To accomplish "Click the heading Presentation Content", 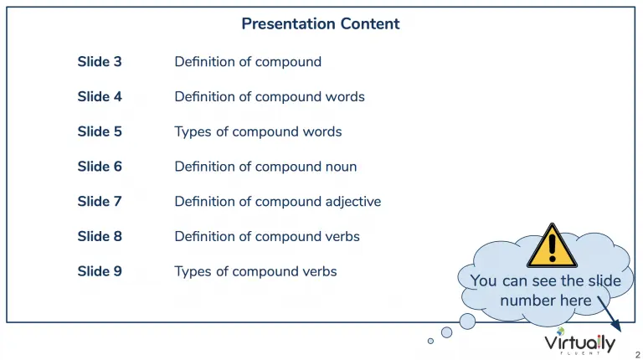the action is point(321,23).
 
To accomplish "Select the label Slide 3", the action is point(100,61).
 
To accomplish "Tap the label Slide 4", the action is point(100,96).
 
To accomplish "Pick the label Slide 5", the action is point(100,131).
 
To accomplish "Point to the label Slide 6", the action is point(100,166).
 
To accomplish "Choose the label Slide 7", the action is point(100,201).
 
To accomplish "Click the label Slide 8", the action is point(100,236).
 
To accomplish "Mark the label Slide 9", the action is point(100,271).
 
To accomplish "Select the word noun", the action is point(341,167).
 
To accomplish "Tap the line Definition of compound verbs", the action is point(267,237).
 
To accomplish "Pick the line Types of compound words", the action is point(258,132).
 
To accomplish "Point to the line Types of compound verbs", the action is point(255,272).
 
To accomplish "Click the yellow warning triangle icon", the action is point(552,247).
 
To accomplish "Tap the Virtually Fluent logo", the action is point(580,342).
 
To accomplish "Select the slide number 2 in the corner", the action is point(638,355).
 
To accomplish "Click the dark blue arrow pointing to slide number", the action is point(610,314).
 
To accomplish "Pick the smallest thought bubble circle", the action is point(430,341).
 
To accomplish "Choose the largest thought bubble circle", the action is point(467,321).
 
